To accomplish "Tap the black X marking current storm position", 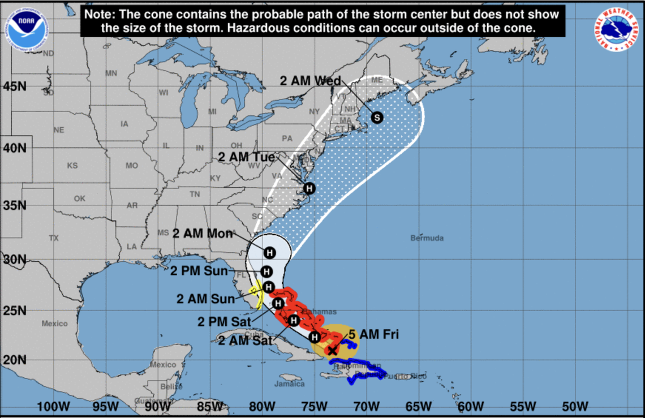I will click(x=332, y=350).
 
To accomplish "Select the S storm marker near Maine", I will click(x=377, y=117).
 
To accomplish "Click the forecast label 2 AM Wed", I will click(x=310, y=81).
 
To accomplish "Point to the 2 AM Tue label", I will click(x=247, y=157).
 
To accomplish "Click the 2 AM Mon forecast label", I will click(x=203, y=233).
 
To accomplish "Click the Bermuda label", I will click(x=427, y=238).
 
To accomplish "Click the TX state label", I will click(x=54, y=238).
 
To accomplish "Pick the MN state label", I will click(x=111, y=73).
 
